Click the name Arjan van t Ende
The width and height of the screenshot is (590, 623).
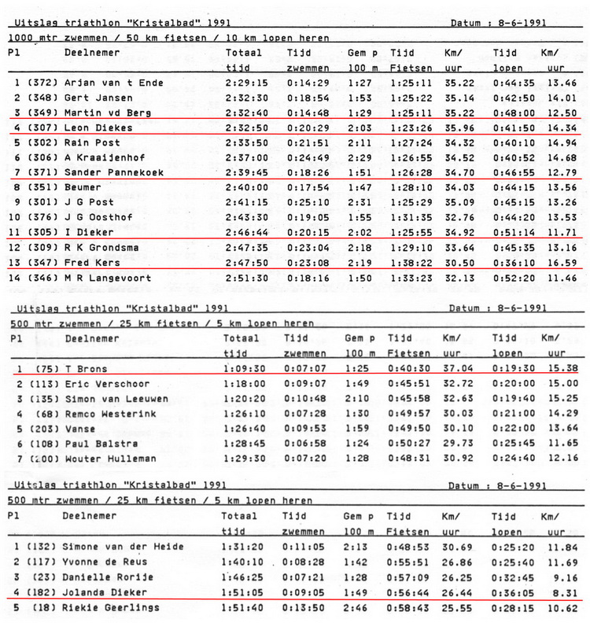[x=104, y=83]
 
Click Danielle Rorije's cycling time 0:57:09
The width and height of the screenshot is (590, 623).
[x=405, y=577]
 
